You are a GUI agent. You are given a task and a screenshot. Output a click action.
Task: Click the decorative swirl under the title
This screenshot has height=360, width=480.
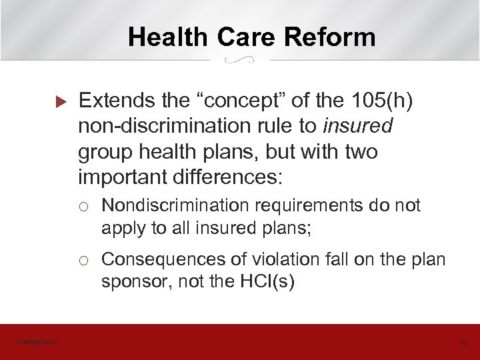[240, 61]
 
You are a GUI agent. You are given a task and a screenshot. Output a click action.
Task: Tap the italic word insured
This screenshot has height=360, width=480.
[365, 127]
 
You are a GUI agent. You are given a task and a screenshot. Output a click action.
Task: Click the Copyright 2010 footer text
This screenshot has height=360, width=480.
[37, 342]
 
